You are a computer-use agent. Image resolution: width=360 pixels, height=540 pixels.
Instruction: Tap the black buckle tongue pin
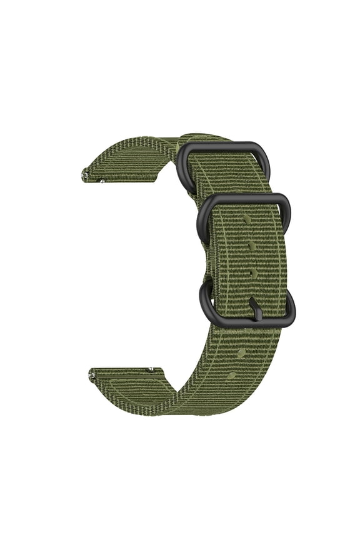(x=255, y=309)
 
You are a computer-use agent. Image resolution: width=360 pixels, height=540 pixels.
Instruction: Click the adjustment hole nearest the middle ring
(x=247, y=220)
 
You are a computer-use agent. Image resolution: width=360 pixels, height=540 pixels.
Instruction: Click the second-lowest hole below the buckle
(x=241, y=354)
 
